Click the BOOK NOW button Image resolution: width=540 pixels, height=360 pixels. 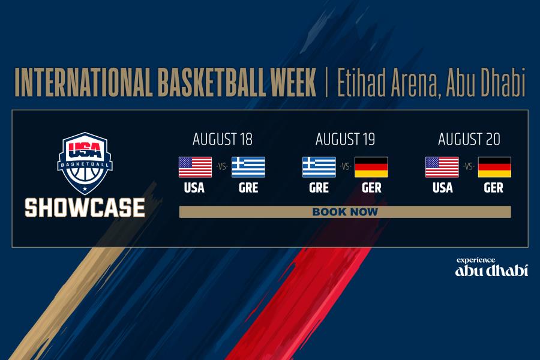(x=345, y=212)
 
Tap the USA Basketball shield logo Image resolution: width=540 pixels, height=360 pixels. (x=85, y=163)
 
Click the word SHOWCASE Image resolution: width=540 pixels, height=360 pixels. (x=85, y=208)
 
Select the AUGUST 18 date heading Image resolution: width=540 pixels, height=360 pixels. (x=223, y=139)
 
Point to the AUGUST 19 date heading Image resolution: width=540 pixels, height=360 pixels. (x=345, y=139)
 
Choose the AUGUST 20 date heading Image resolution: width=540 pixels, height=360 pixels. (x=469, y=139)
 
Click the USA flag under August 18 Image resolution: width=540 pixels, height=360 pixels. (x=195, y=167)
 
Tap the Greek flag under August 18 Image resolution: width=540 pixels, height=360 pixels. (x=248, y=167)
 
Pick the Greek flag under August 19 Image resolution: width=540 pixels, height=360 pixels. (x=319, y=167)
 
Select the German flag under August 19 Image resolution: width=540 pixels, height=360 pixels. (x=371, y=167)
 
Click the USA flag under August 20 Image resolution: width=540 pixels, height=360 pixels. (x=442, y=167)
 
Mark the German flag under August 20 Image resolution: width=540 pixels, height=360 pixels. (x=494, y=167)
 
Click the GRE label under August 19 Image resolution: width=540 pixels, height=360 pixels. (x=319, y=188)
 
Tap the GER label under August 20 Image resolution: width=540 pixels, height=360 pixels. (x=494, y=188)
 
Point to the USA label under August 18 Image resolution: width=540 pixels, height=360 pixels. (x=194, y=188)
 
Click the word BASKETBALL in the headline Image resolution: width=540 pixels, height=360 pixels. (x=212, y=82)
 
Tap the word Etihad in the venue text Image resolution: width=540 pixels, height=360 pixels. (x=361, y=82)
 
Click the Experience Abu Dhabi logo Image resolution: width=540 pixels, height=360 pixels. (x=491, y=267)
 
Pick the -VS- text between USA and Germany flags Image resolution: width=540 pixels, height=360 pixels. (x=469, y=167)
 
